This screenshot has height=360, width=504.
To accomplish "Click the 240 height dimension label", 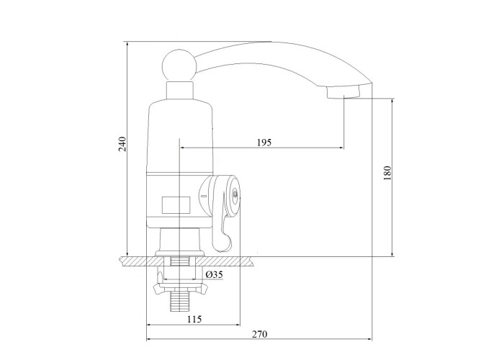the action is (x=122, y=144).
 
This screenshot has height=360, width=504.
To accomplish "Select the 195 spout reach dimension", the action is (x=264, y=142).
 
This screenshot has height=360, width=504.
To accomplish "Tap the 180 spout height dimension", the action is (x=387, y=173).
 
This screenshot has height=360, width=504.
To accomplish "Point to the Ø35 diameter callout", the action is (x=214, y=274).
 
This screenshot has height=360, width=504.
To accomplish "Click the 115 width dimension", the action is (x=194, y=319).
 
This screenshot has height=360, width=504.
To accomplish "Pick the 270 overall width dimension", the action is (x=259, y=334).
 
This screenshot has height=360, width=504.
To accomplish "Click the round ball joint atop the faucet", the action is (x=179, y=66).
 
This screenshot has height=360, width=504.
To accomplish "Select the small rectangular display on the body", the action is (x=176, y=204).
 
